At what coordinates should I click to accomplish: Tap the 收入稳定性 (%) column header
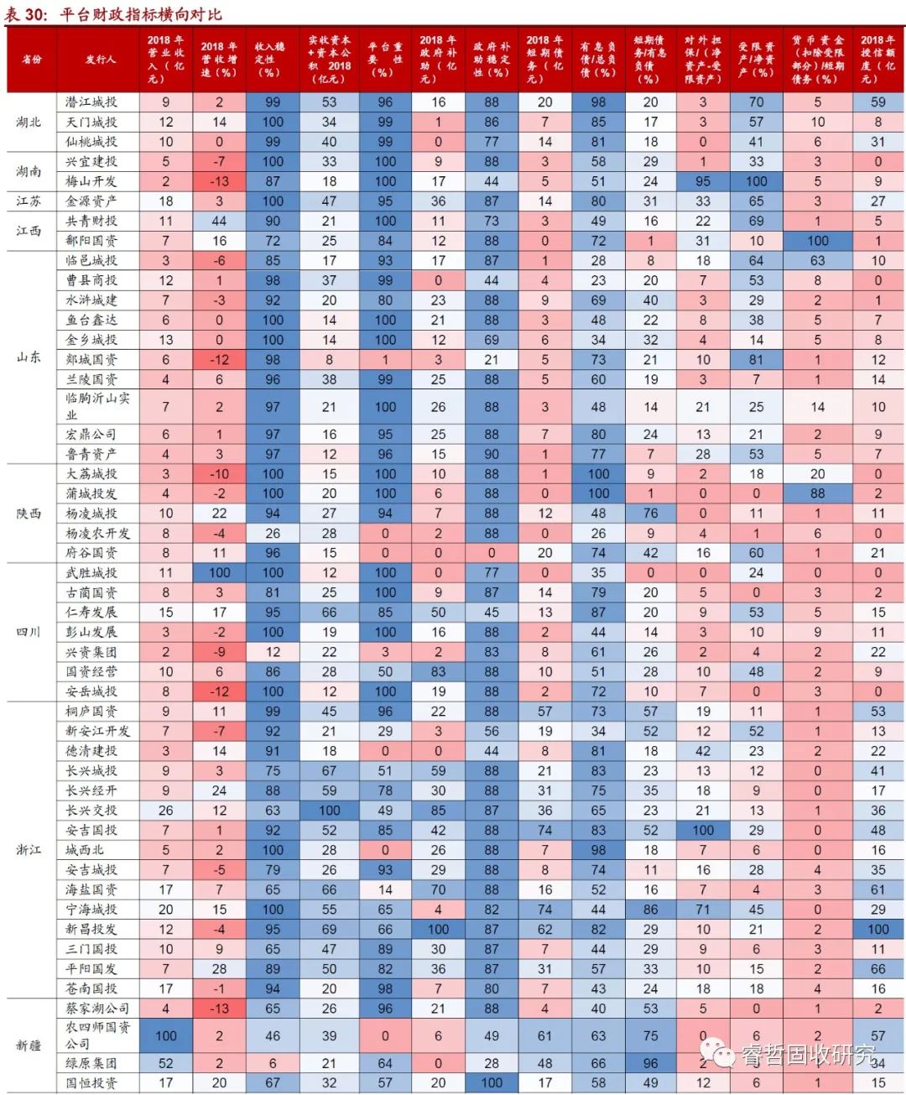272,59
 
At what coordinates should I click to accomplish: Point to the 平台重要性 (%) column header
385,59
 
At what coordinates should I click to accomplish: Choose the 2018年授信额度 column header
877,59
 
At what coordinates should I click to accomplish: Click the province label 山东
29,357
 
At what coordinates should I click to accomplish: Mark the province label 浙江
29,850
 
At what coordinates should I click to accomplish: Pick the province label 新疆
29,1045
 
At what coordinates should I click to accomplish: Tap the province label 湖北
29,122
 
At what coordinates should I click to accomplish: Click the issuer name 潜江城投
92,102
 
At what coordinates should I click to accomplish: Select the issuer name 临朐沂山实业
97,406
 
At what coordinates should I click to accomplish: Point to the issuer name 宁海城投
92,910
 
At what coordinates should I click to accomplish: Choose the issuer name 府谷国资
92,553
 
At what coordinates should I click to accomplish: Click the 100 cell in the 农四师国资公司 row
166,1035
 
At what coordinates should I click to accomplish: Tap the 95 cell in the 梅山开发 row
703,181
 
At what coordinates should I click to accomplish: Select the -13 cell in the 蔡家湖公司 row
219,1009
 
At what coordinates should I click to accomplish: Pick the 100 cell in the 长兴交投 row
329,811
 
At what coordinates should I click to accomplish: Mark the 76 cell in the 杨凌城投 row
650,514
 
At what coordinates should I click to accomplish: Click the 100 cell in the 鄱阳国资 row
817,241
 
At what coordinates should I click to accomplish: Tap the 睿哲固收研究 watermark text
806,1055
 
